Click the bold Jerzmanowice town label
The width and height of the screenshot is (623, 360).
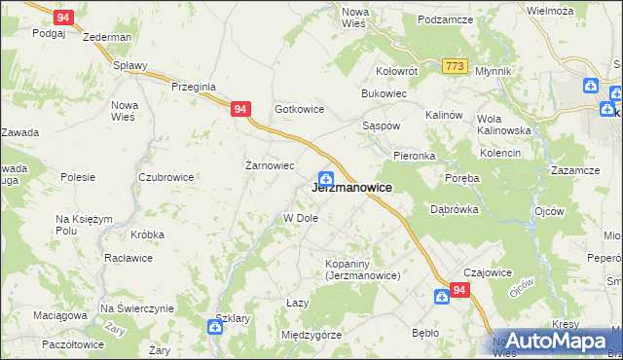click(x=351, y=188)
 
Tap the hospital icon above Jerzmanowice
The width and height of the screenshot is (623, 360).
click(x=327, y=179)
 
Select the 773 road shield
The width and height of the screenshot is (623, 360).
click(x=454, y=66)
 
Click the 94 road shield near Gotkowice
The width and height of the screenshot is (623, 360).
click(x=239, y=111)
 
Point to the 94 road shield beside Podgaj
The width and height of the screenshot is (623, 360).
click(x=63, y=18)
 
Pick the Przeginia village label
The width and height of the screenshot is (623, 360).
click(x=192, y=86)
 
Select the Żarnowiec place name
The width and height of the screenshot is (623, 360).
click(x=269, y=165)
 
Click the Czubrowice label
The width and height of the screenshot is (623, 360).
click(x=165, y=177)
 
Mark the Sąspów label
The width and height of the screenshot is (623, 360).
click(x=381, y=126)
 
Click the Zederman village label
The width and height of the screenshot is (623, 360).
click(x=107, y=37)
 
